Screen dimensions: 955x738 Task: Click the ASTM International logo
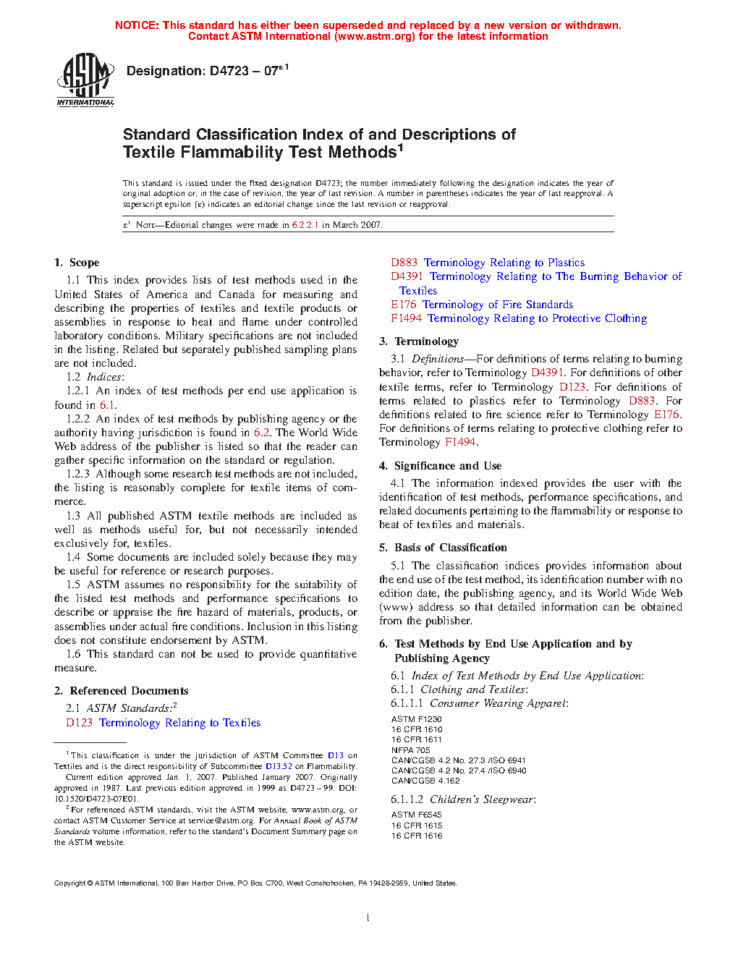pos(85,80)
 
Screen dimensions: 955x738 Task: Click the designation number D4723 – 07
pos(203,71)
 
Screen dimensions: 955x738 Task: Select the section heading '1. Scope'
pos(77,263)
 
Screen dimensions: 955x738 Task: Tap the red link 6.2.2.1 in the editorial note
pos(305,225)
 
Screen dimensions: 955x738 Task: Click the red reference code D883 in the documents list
pos(404,263)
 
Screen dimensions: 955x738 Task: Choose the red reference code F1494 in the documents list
pos(406,318)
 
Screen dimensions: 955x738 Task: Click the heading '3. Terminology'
pos(419,341)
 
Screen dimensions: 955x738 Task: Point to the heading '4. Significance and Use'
pos(440,466)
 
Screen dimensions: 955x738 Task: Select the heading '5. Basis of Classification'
pos(443,548)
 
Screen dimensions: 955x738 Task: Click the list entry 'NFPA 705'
pos(410,750)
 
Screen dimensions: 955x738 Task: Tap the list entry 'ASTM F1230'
pos(416,719)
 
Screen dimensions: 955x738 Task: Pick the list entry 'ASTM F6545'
pos(416,815)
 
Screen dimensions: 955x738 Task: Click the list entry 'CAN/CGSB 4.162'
pos(425,781)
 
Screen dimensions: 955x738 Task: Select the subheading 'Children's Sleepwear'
pos(482,799)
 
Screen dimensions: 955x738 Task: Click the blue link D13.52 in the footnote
pos(279,766)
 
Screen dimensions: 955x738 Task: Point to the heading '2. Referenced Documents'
pos(121,691)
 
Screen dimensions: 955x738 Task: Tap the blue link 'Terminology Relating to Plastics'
pos(504,263)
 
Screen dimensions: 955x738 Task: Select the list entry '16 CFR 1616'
pos(417,836)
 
